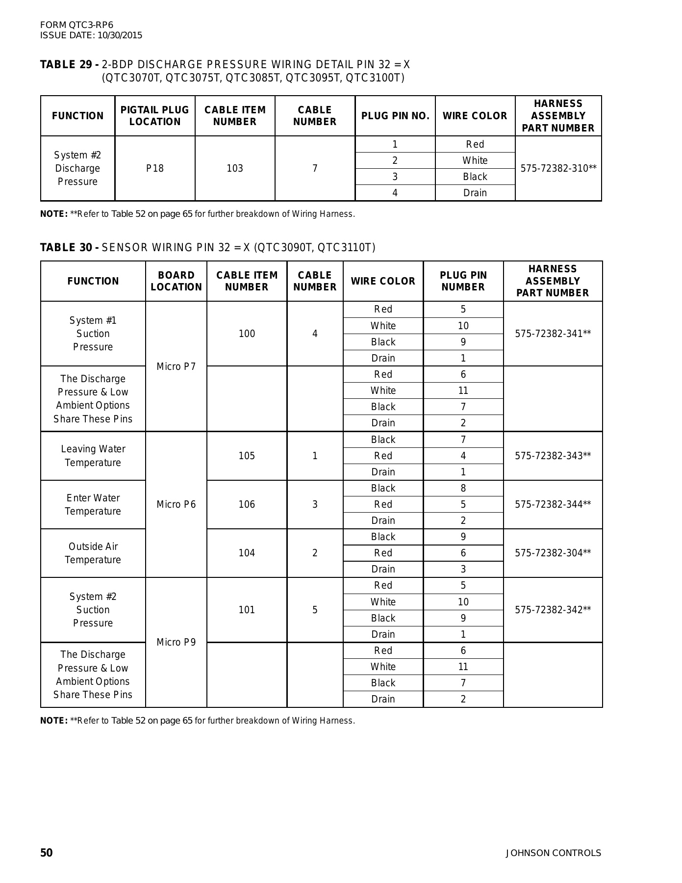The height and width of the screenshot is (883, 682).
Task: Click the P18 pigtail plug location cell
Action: (x=155, y=168)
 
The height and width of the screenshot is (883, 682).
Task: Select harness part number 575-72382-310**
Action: (x=558, y=168)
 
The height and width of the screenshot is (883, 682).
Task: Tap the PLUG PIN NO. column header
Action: (x=395, y=116)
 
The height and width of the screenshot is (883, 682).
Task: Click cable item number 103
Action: (x=235, y=168)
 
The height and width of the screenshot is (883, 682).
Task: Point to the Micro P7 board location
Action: (x=176, y=366)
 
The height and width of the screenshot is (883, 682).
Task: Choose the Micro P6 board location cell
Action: (x=176, y=504)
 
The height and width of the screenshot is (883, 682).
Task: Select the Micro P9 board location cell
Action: (x=176, y=642)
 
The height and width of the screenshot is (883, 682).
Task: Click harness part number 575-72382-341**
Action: (x=553, y=334)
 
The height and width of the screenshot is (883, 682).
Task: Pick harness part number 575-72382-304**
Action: (x=553, y=553)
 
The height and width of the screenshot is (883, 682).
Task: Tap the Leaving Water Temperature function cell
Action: (x=93, y=456)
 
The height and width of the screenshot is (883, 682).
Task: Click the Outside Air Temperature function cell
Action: (x=93, y=553)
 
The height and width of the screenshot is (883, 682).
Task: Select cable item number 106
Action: (x=247, y=504)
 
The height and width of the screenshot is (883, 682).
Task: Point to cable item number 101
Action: (x=247, y=610)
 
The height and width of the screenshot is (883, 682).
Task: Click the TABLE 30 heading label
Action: (x=70, y=247)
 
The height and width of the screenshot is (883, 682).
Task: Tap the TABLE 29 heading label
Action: (x=70, y=65)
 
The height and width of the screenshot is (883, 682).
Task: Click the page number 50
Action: (x=46, y=853)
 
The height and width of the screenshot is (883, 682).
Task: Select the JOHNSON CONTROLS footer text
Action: (x=553, y=853)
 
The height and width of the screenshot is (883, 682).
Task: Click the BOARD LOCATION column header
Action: (x=176, y=281)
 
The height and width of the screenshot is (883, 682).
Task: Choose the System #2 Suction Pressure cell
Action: (x=93, y=610)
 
